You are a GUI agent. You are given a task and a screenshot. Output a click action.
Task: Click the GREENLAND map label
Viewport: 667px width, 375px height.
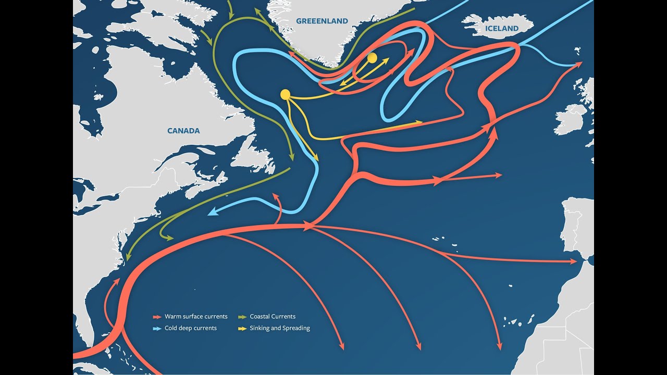(322, 21)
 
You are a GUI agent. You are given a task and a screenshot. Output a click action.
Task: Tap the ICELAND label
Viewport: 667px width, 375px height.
(502, 29)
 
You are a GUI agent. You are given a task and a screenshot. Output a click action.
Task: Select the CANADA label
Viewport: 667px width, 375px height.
(183, 131)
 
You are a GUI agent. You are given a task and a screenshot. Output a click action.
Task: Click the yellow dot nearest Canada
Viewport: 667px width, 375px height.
(285, 94)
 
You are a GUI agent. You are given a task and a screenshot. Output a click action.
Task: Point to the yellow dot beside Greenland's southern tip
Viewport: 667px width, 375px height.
(372, 58)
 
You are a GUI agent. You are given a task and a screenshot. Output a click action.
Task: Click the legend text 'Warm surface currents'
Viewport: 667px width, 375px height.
(196, 317)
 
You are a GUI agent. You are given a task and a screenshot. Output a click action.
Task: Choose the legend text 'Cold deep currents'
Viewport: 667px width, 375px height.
(191, 328)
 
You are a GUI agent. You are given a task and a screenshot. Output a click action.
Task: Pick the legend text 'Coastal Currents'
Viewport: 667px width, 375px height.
(273, 317)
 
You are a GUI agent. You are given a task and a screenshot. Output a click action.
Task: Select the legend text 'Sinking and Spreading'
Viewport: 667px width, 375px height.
(280, 328)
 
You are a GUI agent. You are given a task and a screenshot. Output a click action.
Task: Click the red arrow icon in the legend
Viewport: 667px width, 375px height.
(156, 317)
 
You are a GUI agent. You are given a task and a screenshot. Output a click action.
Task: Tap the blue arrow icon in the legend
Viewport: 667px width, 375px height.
(156, 328)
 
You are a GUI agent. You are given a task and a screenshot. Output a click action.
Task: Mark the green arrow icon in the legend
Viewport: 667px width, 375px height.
(242, 317)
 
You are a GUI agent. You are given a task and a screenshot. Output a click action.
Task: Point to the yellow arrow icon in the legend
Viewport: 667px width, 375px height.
(242, 328)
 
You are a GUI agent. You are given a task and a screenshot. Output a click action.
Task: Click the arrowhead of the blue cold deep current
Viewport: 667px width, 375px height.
(211, 213)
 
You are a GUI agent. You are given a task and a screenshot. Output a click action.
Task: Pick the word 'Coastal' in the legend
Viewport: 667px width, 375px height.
(261, 317)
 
